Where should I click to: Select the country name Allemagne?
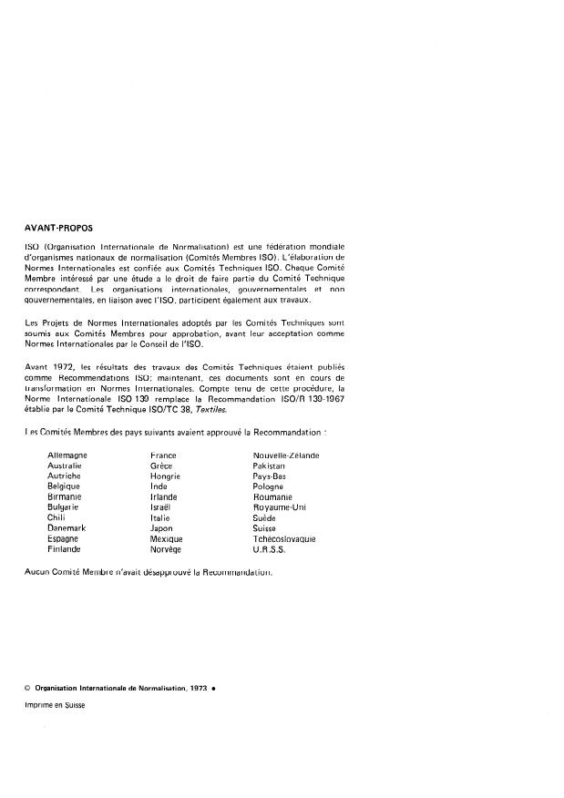coord(67,455)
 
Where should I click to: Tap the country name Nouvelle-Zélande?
coord(285,455)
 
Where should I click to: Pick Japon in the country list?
coord(162,528)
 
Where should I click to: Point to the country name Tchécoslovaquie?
coord(284,539)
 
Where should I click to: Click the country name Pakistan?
coord(270,465)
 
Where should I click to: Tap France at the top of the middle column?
coord(164,455)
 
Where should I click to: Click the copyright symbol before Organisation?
coord(28,688)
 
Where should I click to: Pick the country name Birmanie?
coord(65,497)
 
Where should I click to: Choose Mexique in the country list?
coord(167,539)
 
